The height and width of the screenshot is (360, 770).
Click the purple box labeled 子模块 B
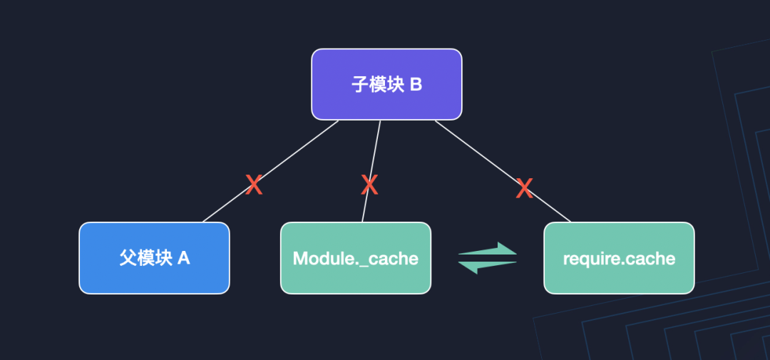[386, 84]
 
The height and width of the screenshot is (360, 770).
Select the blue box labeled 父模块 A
[154, 258]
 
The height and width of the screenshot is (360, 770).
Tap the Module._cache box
[355, 258]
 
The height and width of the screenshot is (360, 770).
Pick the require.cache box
[619, 258]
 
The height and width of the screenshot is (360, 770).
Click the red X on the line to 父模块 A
[254, 186]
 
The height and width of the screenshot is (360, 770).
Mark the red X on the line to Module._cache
[369, 186]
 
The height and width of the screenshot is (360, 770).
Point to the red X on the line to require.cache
[524, 188]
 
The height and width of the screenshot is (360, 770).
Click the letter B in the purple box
[416, 85]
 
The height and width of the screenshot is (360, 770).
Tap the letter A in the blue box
[183, 258]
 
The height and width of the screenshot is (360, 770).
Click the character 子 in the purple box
[359, 85]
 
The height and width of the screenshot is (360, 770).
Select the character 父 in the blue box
[127, 258]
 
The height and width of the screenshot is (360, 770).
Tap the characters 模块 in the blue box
[154, 258]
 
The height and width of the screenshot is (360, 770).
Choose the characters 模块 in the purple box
[386, 85]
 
